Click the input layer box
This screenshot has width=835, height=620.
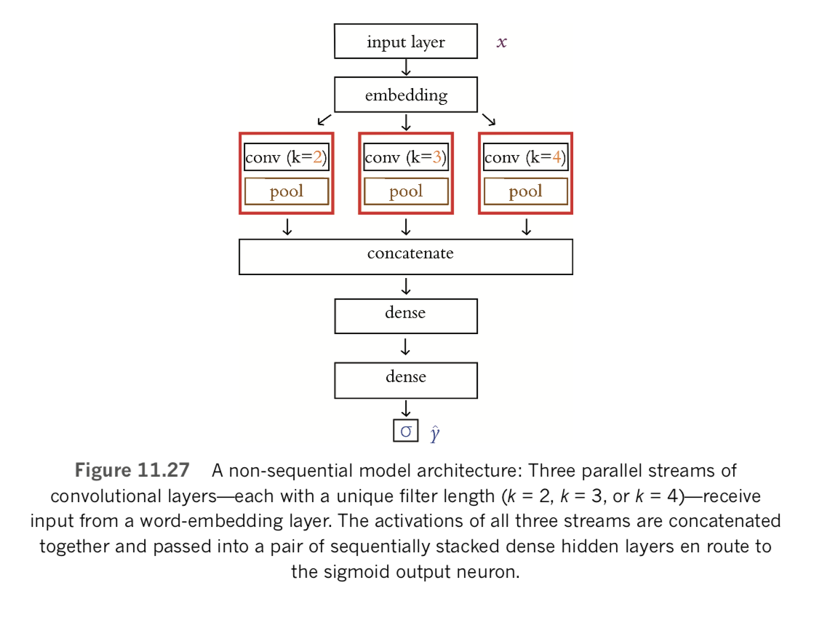click(x=405, y=41)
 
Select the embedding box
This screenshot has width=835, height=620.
click(x=405, y=95)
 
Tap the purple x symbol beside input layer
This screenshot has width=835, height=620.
click(x=502, y=42)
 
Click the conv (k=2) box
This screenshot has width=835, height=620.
click(x=287, y=157)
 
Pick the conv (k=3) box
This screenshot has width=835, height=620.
click(x=406, y=157)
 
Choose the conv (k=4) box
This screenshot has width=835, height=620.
click(x=525, y=157)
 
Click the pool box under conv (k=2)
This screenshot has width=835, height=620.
click(x=287, y=191)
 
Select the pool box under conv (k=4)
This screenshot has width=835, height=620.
click(x=525, y=191)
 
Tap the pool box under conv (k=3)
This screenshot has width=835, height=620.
click(x=406, y=191)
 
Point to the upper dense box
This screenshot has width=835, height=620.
click(x=405, y=315)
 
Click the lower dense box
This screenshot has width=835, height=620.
click(x=405, y=379)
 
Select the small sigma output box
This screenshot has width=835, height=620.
click(x=406, y=431)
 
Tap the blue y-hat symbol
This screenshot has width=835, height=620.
click(x=434, y=434)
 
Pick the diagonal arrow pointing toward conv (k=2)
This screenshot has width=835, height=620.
click(x=325, y=119)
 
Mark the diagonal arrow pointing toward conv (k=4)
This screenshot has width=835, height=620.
click(x=488, y=119)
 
